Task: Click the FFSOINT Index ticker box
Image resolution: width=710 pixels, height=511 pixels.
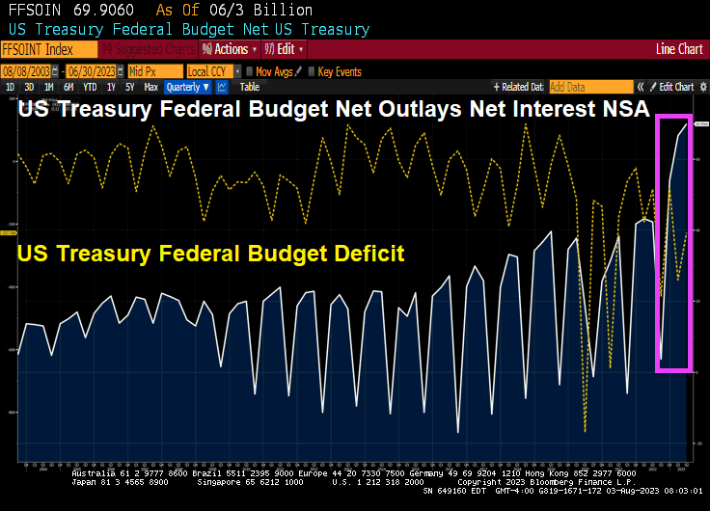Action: [x=48, y=48]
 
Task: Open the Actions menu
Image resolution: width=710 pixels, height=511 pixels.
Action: [x=229, y=48]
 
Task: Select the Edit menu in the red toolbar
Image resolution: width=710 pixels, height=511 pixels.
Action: [x=285, y=48]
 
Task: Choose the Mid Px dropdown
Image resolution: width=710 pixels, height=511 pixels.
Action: [x=154, y=71]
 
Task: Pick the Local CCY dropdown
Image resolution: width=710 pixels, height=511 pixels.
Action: [x=211, y=71]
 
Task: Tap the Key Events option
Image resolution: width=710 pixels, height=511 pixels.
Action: [x=338, y=71]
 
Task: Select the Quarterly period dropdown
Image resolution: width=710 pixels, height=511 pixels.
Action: [x=188, y=87]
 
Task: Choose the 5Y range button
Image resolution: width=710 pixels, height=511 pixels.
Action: [x=130, y=87]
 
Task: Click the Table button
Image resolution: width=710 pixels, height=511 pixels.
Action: [x=249, y=87]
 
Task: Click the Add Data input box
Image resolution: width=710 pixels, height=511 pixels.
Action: [x=590, y=87]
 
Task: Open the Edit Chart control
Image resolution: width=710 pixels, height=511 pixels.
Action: [x=675, y=87]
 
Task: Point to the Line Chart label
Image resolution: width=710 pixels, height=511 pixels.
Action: [x=679, y=48]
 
